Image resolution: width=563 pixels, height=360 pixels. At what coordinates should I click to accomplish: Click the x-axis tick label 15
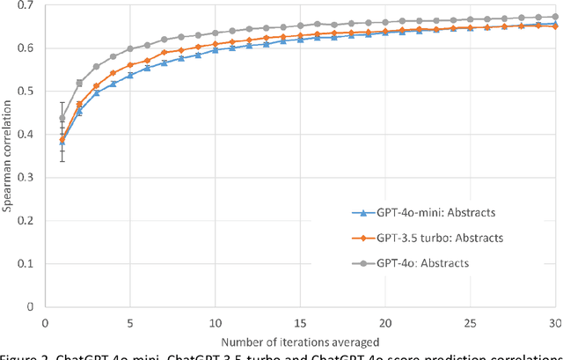[x=301, y=322]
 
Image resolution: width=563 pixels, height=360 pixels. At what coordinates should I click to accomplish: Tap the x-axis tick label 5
[x=130, y=322]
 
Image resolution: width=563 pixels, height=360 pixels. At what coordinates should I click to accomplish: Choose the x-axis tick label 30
[x=554, y=322]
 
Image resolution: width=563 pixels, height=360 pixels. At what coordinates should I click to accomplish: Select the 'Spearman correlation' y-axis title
[x=8, y=156]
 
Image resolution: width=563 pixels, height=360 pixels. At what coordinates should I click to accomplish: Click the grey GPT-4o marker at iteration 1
[x=62, y=118]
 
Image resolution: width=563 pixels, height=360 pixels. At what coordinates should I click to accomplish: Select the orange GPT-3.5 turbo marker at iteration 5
[x=130, y=65]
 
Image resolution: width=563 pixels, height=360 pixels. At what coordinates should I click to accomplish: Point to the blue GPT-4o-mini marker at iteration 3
[x=96, y=92]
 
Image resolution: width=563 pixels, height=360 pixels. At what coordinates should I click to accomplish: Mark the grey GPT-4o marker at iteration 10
[x=216, y=33]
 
